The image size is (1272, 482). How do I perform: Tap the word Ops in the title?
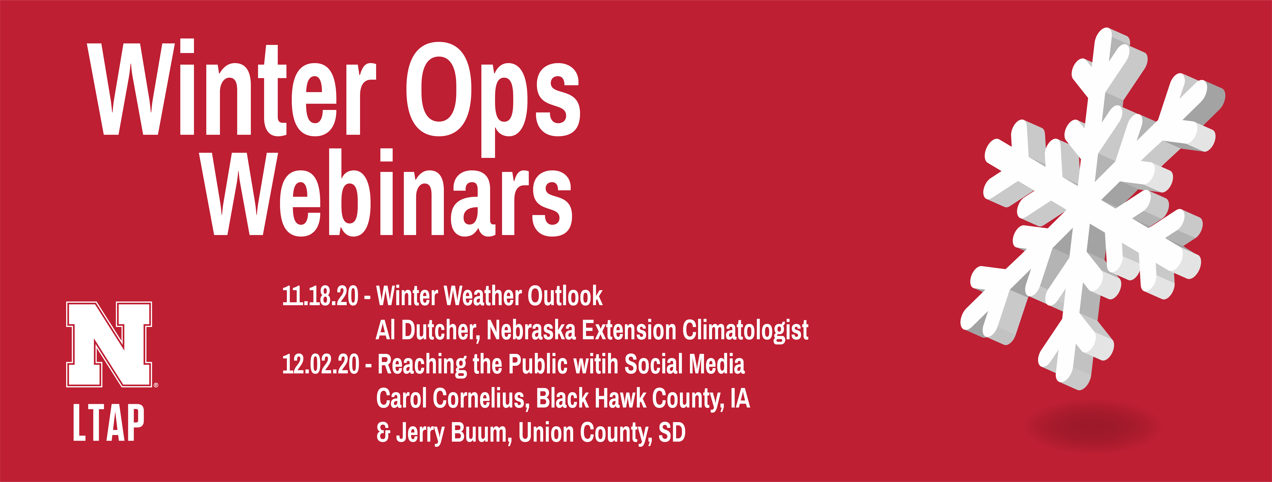point(493,99)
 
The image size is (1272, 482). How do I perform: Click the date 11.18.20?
point(320,296)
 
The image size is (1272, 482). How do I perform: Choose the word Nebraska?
point(531,330)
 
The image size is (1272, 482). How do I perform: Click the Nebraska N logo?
point(110,344)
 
